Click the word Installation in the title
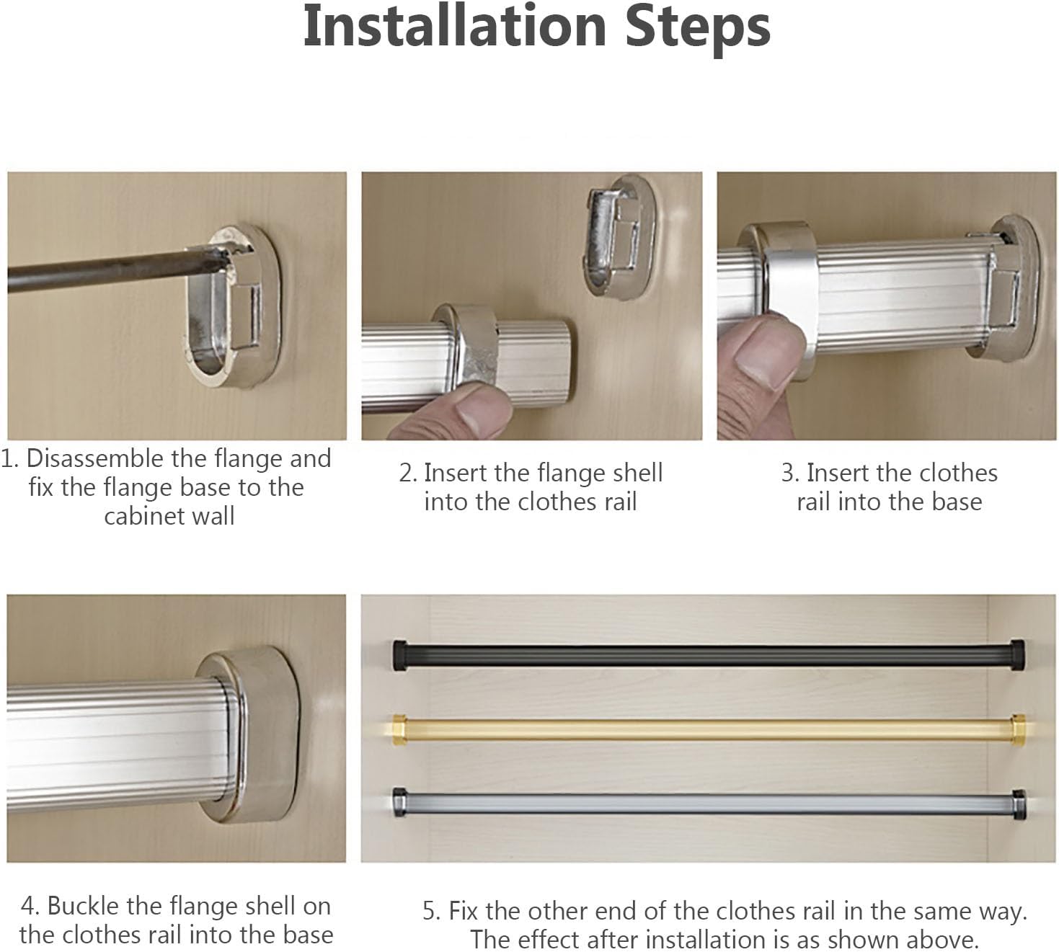(455, 27)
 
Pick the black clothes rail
(709, 655)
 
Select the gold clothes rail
(709, 730)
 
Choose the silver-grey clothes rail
(709, 804)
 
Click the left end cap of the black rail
(401, 655)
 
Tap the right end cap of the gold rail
(1019, 730)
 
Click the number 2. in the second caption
(408, 473)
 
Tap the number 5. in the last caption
(431, 912)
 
